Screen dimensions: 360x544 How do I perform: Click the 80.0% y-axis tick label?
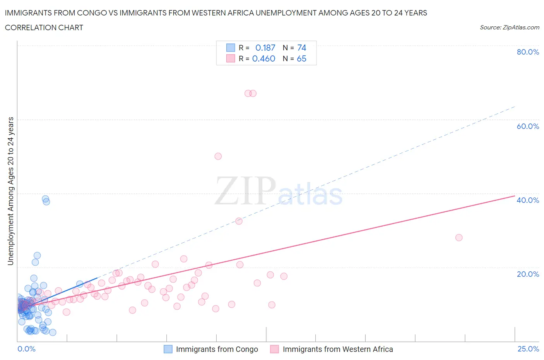528,52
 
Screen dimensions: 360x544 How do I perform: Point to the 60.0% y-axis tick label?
528,126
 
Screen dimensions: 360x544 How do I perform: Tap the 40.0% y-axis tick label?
528,200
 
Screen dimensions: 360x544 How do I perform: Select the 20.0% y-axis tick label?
528,274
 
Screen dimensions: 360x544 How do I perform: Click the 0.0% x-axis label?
26,349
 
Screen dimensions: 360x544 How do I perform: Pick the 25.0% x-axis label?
528,349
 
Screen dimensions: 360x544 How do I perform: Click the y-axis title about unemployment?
10,191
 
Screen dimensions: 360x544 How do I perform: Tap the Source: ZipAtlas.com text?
509,27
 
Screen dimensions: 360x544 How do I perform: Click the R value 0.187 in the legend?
265,48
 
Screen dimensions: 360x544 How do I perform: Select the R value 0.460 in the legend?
263,58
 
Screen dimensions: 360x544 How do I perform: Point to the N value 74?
302,48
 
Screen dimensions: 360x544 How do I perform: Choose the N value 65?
301,58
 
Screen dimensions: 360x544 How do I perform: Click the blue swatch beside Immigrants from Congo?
168,349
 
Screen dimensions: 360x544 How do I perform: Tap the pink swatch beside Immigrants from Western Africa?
274,349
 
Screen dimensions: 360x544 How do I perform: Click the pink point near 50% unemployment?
218,156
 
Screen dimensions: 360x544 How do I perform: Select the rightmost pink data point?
459,238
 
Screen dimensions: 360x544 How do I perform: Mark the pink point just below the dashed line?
239,221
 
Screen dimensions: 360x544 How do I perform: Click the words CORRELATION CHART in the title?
44,27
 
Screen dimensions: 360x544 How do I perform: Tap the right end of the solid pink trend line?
514,196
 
